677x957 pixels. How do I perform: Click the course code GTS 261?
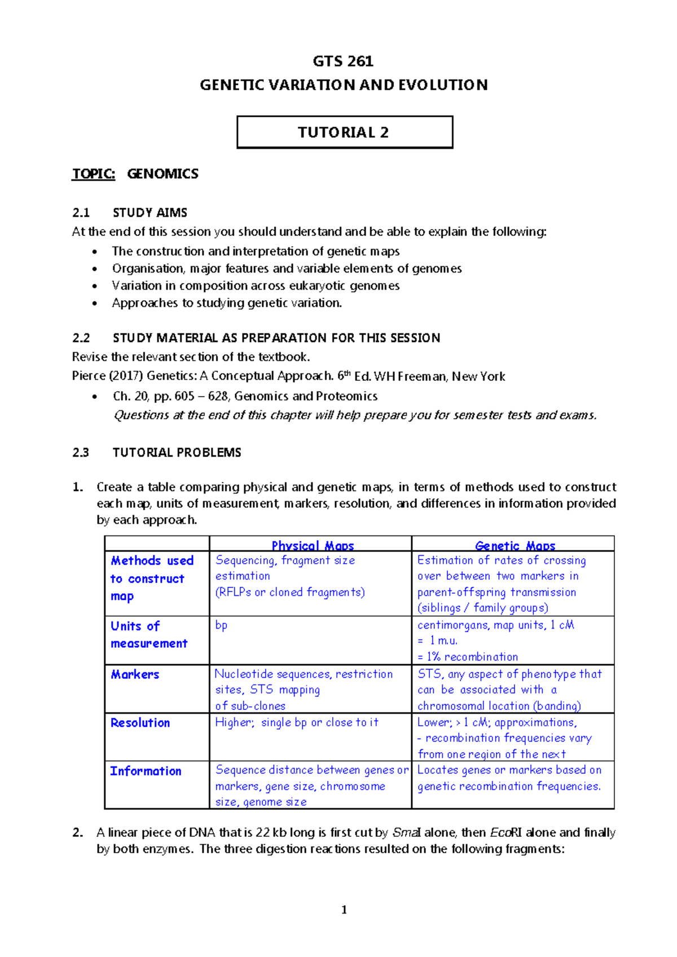(343, 61)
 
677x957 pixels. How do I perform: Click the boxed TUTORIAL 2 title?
(344, 133)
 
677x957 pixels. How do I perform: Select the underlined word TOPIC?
(94, 174)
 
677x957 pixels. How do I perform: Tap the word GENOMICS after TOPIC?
(162, 174)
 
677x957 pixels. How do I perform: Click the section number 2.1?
(81, 213)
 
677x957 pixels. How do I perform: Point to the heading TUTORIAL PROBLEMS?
(177, 453)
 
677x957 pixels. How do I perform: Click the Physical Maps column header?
(313, 546)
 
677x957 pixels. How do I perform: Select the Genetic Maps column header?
(515, 546)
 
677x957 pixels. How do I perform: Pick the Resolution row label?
(140, 723)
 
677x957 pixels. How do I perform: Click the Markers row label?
(135, 674)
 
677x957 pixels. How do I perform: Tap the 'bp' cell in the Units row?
(221, 625)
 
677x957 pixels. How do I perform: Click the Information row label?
(146, 771)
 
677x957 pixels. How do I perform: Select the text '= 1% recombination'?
(468, 657)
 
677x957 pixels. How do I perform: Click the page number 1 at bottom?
(344, 910)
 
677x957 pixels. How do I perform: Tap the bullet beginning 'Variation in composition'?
(256, 286)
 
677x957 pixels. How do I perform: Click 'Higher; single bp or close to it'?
(297, 722)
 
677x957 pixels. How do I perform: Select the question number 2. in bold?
(78, 833)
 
